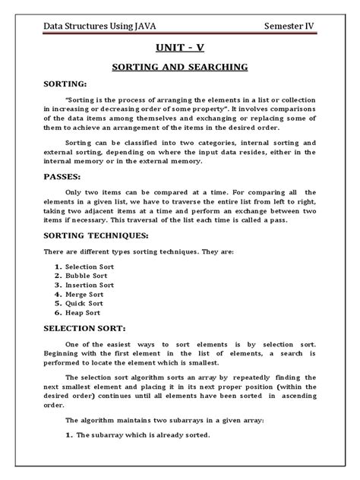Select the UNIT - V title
(x=179, y=47)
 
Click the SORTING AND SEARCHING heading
(x=179, y=67)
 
